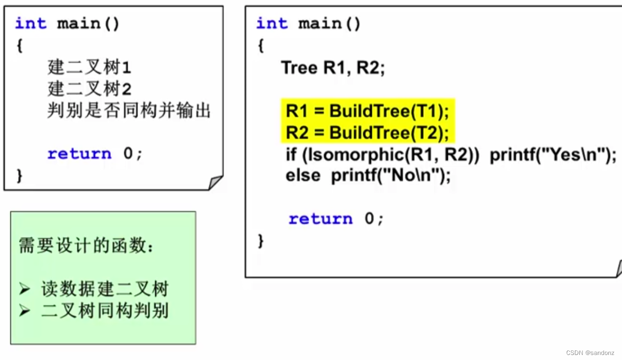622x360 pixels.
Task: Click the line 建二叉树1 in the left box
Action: point(89,67)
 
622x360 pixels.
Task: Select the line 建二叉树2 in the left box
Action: point(89,89)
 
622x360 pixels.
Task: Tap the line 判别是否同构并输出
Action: point(129,110)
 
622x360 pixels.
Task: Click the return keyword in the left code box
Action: point(79,154)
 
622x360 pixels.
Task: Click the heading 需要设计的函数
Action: point(86,246)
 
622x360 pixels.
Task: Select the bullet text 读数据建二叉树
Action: point(104,289)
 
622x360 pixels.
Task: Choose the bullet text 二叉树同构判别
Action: point(104,311)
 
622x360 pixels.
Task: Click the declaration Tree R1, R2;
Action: point(333,68)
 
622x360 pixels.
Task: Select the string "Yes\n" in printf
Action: point(574,155)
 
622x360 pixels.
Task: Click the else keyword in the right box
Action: point(303,176)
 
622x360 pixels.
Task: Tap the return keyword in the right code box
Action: point(320,219)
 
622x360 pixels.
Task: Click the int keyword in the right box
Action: point(272,24)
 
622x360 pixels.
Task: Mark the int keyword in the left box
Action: point(31,24)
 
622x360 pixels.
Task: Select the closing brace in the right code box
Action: point(261,241)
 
